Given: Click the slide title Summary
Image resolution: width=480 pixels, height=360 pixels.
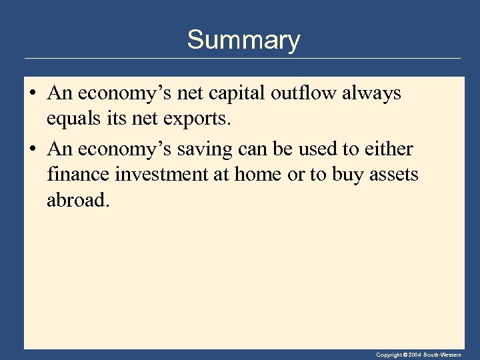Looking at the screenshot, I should [243, 40].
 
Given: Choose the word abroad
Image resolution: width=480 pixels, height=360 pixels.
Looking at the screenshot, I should [77, 199].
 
